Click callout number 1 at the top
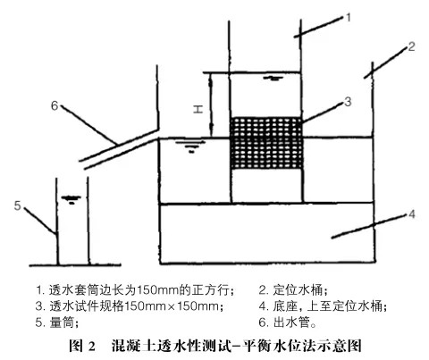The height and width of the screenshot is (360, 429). [x=348, y=18]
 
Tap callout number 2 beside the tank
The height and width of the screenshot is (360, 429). [x=411, y=46]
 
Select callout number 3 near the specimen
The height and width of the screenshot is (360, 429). [x=348, y=102]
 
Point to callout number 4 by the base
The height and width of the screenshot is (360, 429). [x=411, y=213]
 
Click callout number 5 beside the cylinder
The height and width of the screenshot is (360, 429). [x=18, y=205]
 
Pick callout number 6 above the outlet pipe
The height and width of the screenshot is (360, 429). [x=55, y=105]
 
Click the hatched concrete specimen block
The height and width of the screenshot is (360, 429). [x=266, y=143]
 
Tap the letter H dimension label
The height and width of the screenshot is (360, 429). [x=198, y=109]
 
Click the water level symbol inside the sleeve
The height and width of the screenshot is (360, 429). [x=273, y=79]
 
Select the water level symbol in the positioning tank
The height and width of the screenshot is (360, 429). [x=190, y=147]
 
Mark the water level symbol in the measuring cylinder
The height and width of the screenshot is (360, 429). [x=71, y=199]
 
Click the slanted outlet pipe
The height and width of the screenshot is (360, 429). [x=120, y=149]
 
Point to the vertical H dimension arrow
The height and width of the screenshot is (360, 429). [x=211, y=105]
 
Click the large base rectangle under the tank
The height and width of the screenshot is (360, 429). [x=267, y=234]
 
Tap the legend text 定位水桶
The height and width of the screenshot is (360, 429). [x=299, y=289]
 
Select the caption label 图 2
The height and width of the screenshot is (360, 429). [x=82, y=346]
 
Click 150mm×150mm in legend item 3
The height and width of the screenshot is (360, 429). [x=171, y=306]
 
